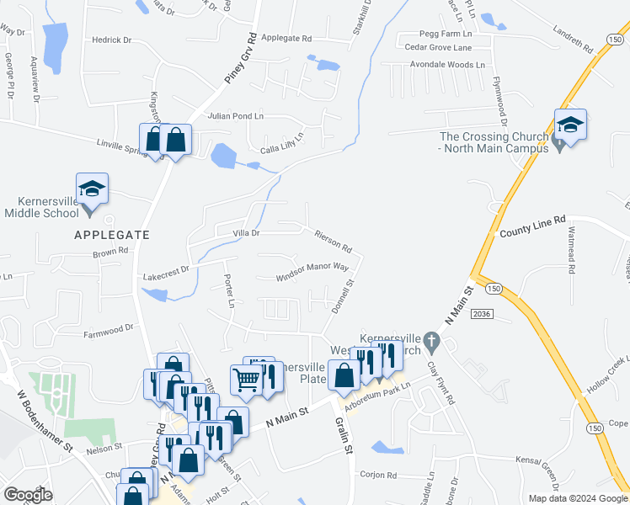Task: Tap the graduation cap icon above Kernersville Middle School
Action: tap(92, 189)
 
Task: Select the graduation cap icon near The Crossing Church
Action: tap(570, 125)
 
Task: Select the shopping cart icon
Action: tap(247, 380)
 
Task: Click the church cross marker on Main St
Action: tap(432, 342)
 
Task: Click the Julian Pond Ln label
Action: tap(236, 116)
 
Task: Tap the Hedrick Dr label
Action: tap(112, 40)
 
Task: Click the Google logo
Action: tap(27, 495)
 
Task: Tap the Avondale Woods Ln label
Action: tap(445, 64)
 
